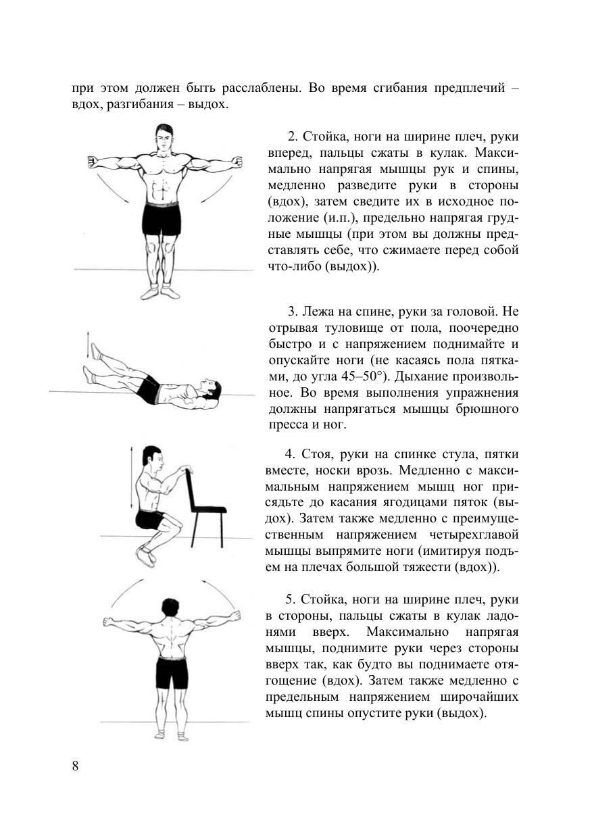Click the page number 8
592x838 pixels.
tap(75, 766)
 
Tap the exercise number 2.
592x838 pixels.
tap(291, 137)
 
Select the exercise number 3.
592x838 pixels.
tap(292, 312)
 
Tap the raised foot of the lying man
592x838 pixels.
tap(97, 351)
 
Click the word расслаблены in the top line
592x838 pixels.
tap(257, 89)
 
